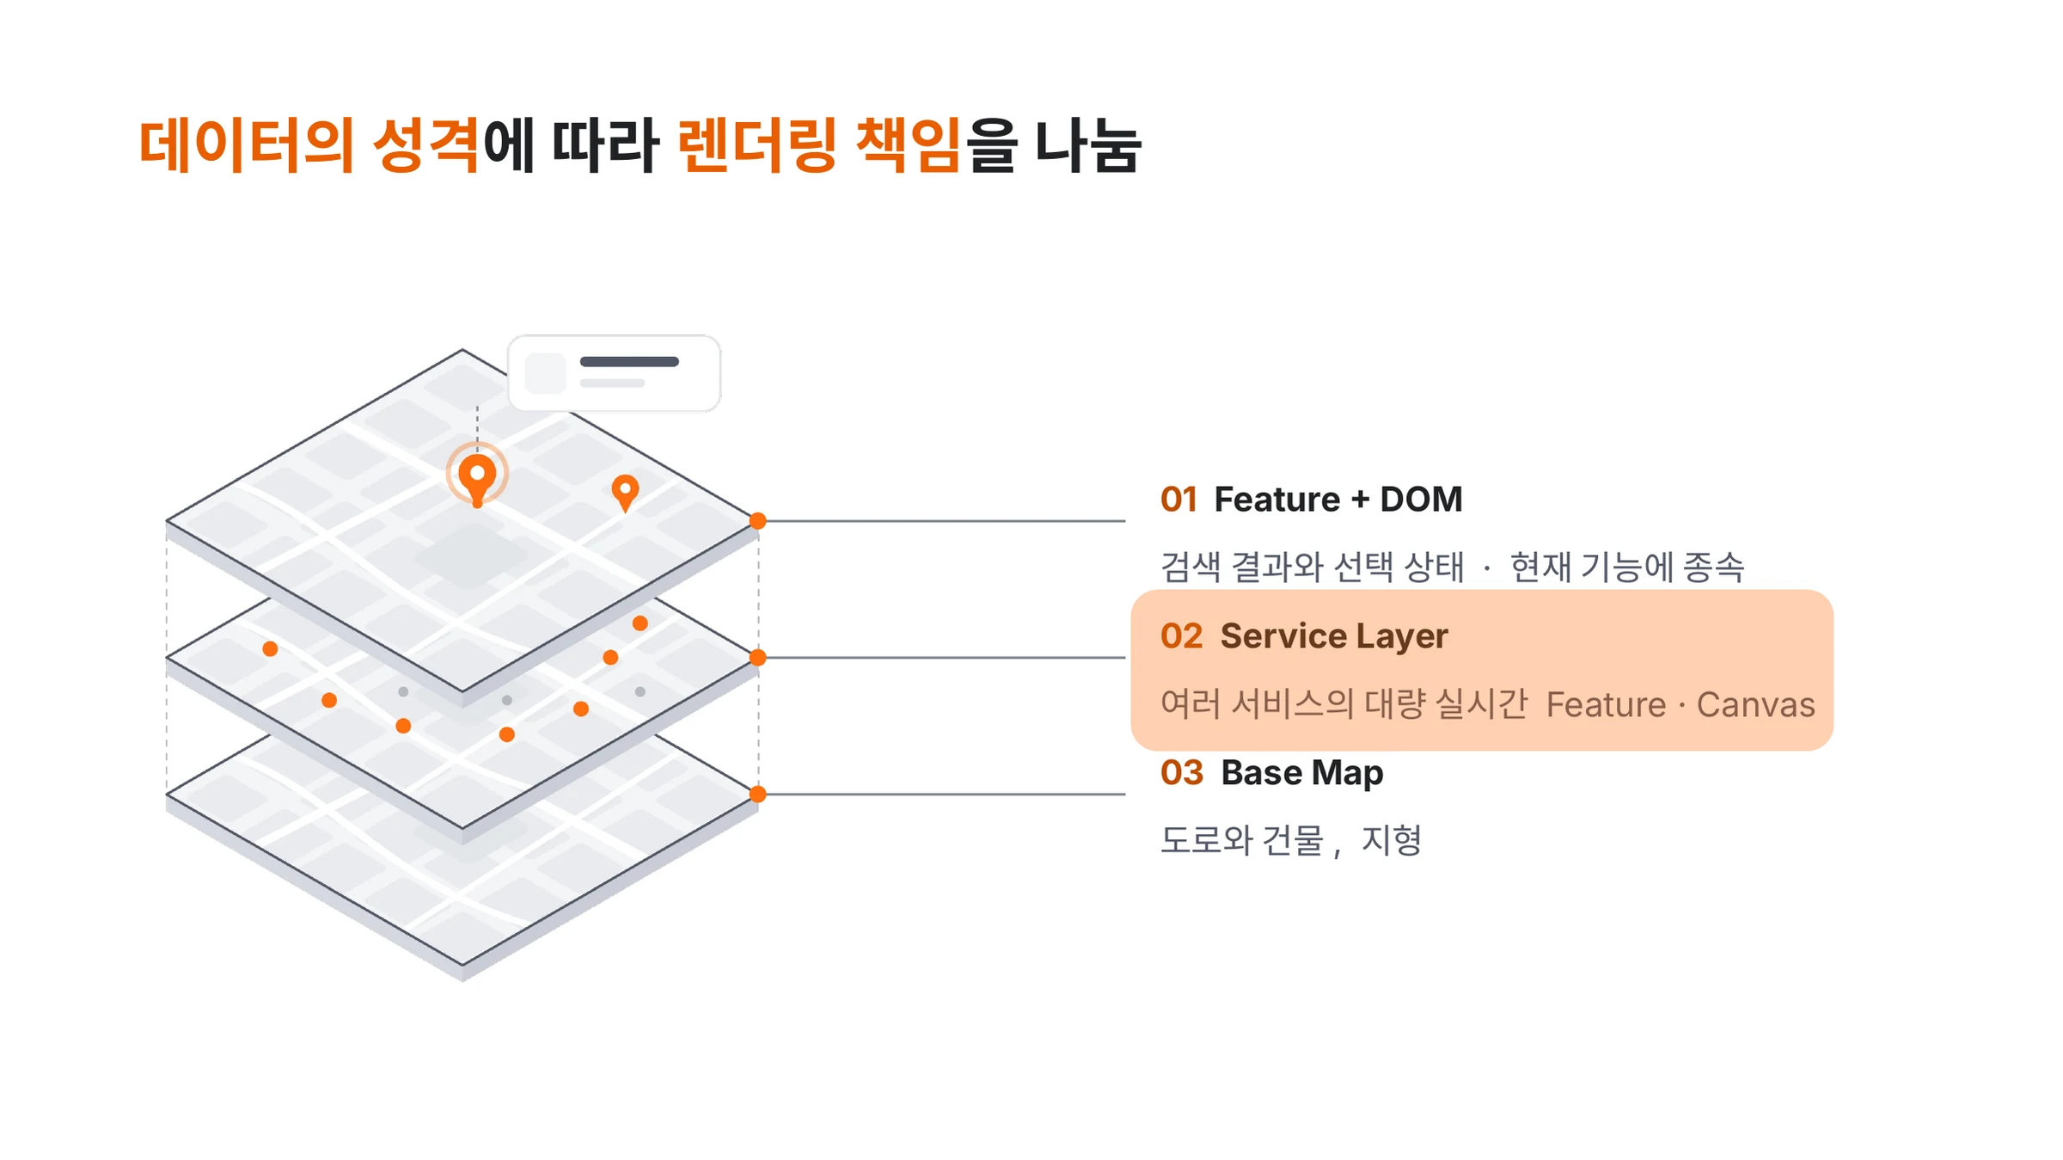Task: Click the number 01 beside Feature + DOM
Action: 1178,500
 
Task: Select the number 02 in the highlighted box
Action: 1181,636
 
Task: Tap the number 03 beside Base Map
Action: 1182,773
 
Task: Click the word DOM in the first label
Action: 1421,500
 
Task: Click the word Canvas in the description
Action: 1755,705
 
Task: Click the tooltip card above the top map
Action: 614,373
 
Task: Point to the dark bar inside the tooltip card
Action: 629,362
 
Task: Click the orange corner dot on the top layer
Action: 757,521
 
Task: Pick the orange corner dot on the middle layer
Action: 757,658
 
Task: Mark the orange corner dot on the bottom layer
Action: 757,795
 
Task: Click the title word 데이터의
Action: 247,145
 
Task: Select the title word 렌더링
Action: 757,145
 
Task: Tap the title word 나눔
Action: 1087,145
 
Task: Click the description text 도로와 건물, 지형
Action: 1291,840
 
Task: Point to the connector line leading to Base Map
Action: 941,795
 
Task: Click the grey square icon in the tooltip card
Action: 545,373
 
